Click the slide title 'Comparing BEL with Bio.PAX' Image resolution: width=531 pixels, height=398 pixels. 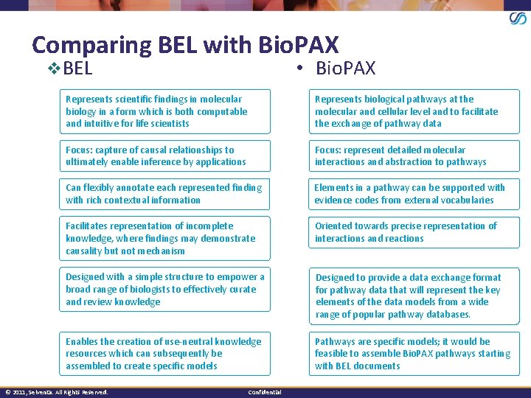click(x=185, y=45)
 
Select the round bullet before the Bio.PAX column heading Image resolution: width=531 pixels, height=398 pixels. click(x=301, y=69)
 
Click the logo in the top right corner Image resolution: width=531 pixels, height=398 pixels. click(x=518, y=18)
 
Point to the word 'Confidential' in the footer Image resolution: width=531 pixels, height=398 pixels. click(x=265, y=392)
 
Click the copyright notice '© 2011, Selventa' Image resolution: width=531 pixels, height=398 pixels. click(x=56, y=392)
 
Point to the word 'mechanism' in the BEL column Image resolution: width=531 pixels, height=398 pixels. click(x=160, y=251)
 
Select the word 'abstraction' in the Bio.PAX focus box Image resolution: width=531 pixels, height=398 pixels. click(x=417, y=161)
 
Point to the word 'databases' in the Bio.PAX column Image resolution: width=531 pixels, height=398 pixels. click(x=445, y=315)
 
